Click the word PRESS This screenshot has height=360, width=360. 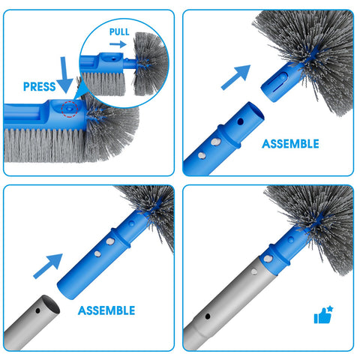(40, 86)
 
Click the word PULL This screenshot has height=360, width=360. (119, 32)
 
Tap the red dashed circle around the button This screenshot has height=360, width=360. (70, 109)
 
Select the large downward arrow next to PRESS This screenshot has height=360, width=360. (64, 75)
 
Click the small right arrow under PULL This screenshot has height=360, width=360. (118, 44)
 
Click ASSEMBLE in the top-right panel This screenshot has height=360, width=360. (290, 144)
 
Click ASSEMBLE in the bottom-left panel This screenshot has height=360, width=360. (106, 310)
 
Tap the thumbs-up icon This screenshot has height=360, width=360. (322, 316)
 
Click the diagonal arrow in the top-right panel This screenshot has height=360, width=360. (236, 77)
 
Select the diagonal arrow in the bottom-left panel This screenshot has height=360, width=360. (48, 266)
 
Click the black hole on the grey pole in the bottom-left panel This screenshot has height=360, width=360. (37, 311)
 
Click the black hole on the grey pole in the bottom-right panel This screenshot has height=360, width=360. (208, 316)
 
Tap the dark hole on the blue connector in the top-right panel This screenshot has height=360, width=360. (241, 121)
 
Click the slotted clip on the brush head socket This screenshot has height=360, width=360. (279, 82)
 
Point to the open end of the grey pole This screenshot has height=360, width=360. (51, 304)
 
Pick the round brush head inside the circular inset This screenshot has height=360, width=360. (151, 64)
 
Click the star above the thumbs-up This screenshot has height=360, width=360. (330, 309)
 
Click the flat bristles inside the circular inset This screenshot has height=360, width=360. (103, 84)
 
